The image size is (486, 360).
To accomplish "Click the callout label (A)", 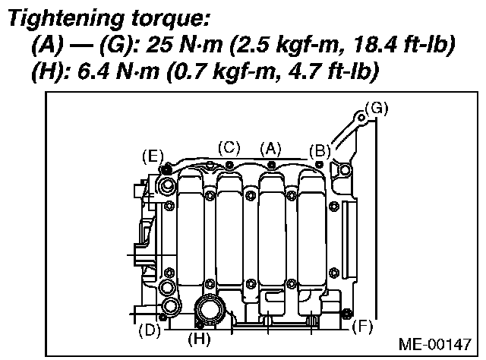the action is click(270, 150).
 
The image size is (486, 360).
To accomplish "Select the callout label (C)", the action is click(229, 148).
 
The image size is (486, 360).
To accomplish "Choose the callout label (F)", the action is click(364, 329).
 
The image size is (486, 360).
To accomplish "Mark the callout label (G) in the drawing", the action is click(376, 109).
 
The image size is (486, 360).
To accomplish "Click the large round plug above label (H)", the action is click(208, 310).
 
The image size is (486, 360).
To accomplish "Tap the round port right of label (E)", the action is click(167, 187).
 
